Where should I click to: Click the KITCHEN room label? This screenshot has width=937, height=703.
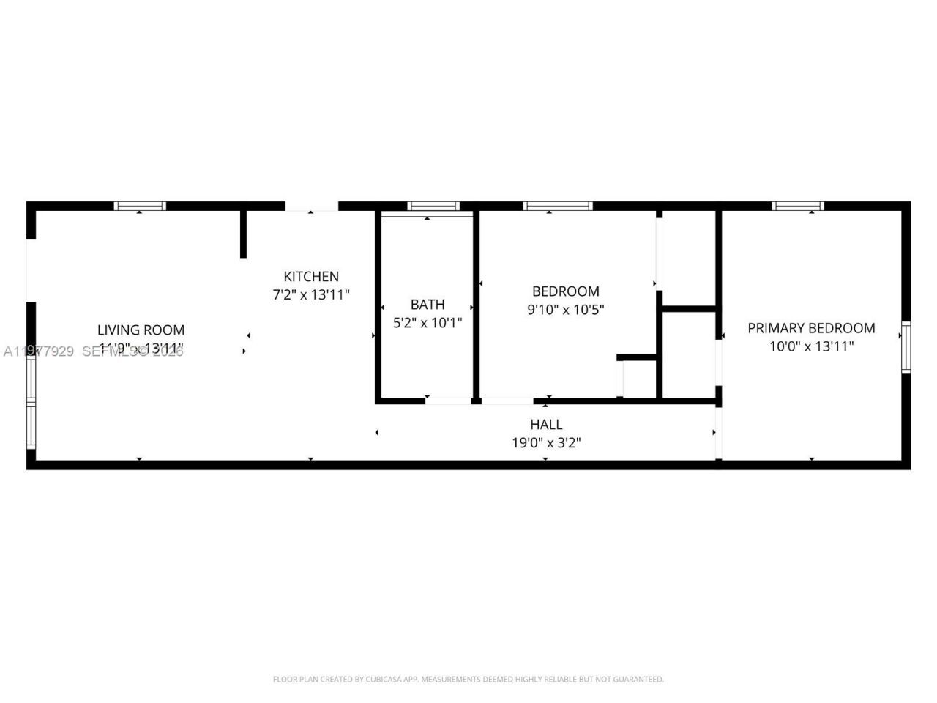pos(311,276)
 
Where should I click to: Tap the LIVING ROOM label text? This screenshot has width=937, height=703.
pos(141,330)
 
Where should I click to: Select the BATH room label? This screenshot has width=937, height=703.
pos(427,304)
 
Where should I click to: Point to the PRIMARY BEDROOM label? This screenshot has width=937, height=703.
pos(811,328)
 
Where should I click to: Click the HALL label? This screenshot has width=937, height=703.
pos(546,424)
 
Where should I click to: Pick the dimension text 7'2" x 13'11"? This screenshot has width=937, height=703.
pos(311,294)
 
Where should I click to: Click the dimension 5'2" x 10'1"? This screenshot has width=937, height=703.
pos(427,322)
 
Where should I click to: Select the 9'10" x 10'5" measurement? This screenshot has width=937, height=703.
pos(565,309)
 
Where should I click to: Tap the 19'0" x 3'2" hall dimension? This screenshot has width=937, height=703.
pos(546,442)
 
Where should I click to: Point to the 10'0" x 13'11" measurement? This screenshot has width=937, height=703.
pos(811,346)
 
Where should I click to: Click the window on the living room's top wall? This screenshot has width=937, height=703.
pos(140,206)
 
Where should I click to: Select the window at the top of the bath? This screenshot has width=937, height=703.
pos(433,206)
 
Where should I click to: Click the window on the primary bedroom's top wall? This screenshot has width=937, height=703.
pos(797,206)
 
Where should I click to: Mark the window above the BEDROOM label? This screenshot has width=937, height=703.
pos(557,206)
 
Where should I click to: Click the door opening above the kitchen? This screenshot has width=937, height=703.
pos(311,207)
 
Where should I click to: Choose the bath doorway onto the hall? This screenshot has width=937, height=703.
pos(448,401)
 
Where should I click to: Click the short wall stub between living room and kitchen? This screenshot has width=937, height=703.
pos(243,234)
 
